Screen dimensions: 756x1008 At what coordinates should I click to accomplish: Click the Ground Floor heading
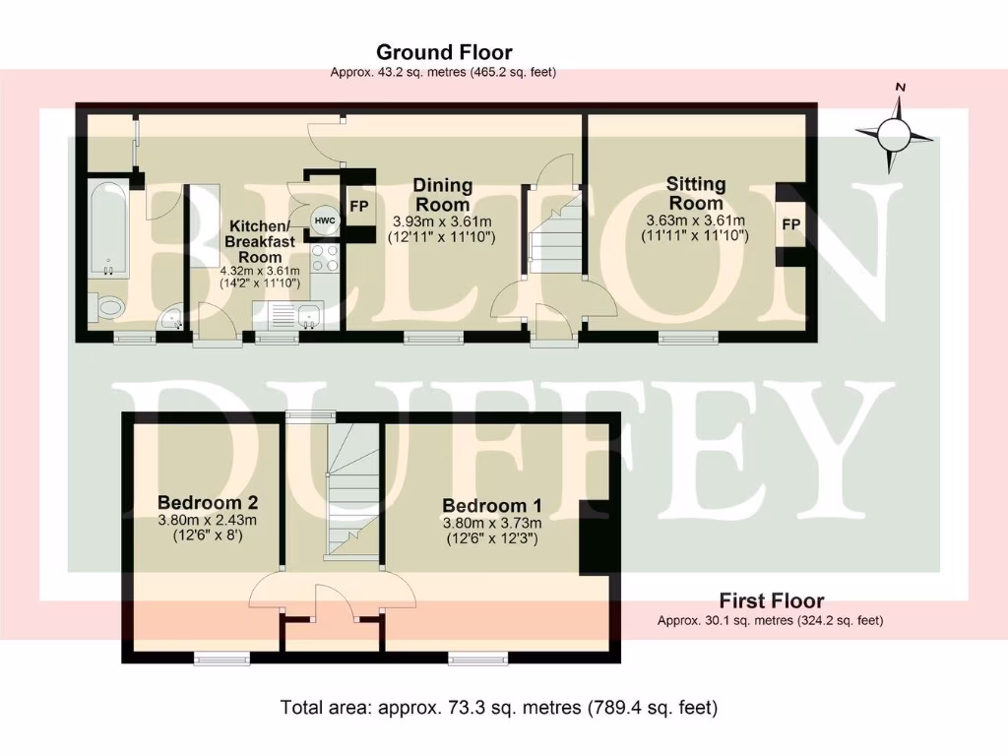tap(444, 52)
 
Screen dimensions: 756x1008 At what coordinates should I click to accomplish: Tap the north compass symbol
tap(894, 131)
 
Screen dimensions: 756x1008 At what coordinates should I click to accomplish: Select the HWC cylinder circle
tap(323, 220)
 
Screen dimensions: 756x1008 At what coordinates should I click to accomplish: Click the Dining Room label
tap(442, 194)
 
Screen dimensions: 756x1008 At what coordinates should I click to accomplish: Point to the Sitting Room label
tap(696, 192)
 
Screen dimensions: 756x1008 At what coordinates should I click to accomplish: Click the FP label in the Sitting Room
tap(790, 224)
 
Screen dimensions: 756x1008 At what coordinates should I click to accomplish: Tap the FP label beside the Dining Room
tap(358, 208)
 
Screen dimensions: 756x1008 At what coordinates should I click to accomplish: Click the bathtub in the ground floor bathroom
tap(106, 228)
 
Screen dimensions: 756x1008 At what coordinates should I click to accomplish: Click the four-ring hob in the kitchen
tap(325, 259)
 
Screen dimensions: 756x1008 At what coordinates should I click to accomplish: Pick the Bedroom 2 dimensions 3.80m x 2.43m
tap(207, 521)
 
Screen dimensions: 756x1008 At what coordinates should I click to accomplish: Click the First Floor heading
tap(771, 600)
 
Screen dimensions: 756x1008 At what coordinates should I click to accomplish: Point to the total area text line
tap(499, 707)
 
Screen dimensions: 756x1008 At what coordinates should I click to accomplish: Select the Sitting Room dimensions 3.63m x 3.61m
tap(696, 220)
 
